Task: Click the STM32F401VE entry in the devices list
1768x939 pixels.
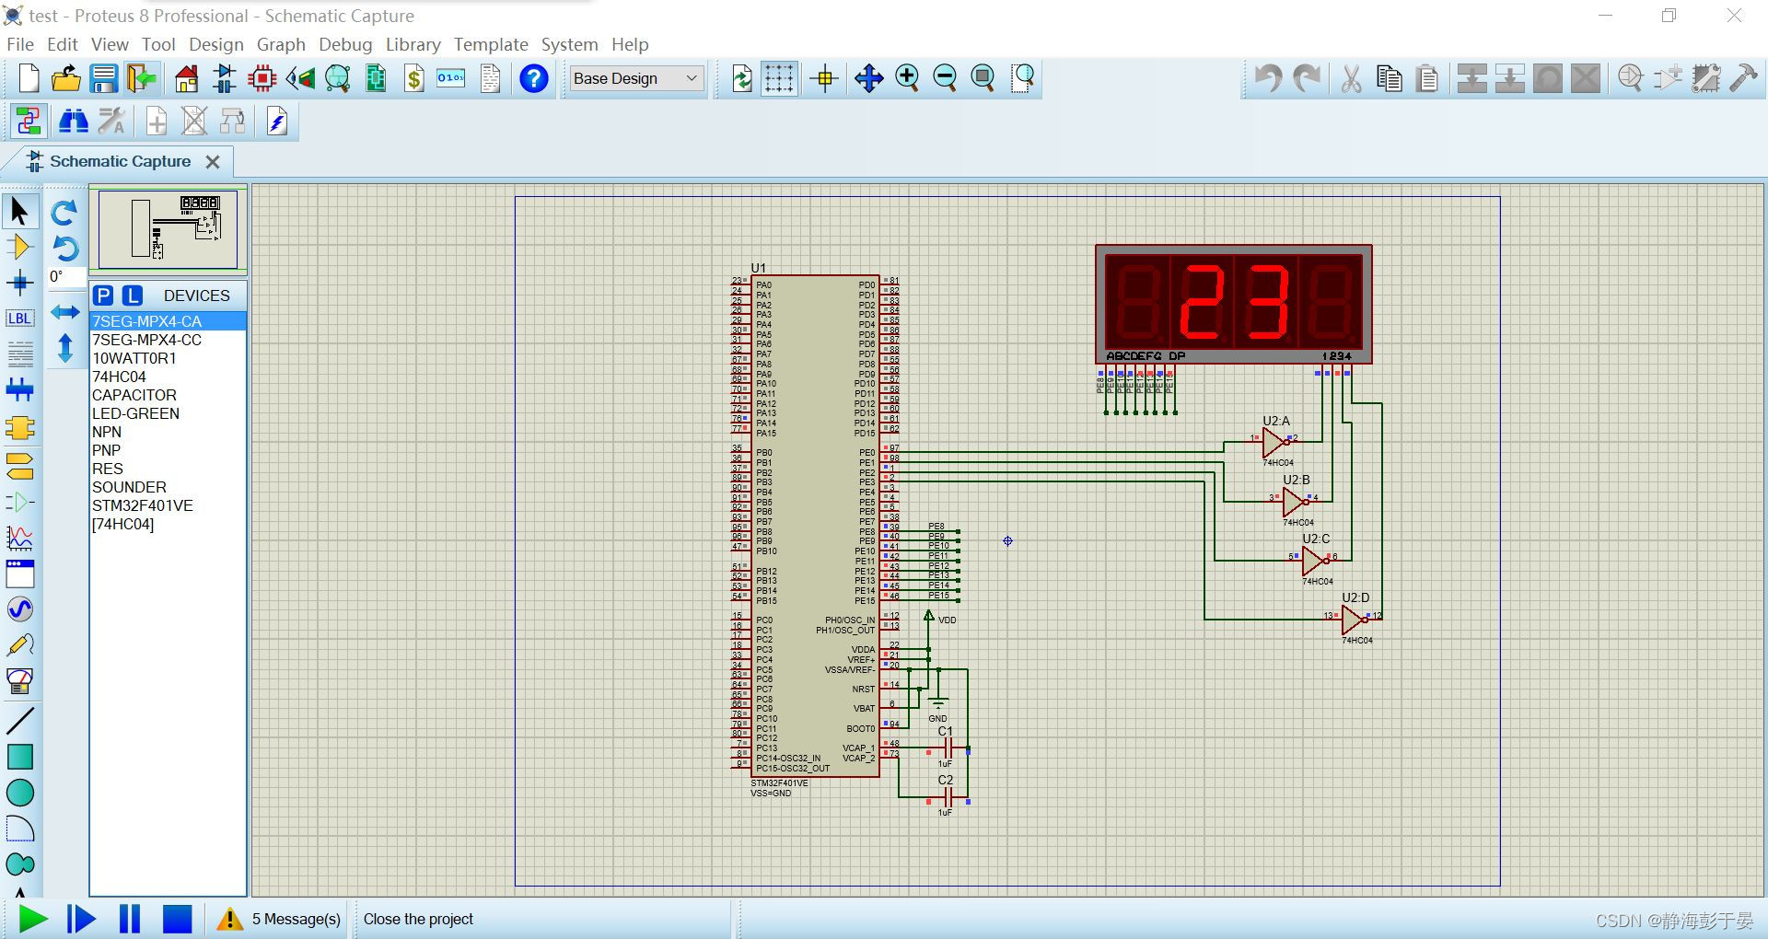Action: [143, 505]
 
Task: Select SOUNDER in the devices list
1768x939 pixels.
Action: [129, 487]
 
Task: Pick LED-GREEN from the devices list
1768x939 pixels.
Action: [135, 413]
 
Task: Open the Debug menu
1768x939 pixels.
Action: [345, 44]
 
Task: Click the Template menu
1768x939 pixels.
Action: [491, 44]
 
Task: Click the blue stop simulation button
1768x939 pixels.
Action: [177, 919]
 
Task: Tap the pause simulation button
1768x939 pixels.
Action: [130, 919]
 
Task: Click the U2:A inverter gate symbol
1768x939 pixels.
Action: [1274, 443]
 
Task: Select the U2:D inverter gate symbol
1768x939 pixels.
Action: [1353, 620]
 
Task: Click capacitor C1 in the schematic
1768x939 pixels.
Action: [947, 749]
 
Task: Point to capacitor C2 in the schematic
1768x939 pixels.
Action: [947, 798]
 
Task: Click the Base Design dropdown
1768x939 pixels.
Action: [636, 78]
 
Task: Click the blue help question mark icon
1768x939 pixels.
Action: [534, 78]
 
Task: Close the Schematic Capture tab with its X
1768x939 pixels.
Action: [213, 162]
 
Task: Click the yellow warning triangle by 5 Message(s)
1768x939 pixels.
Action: [229, 919]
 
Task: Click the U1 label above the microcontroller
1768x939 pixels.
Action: [758, 268]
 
